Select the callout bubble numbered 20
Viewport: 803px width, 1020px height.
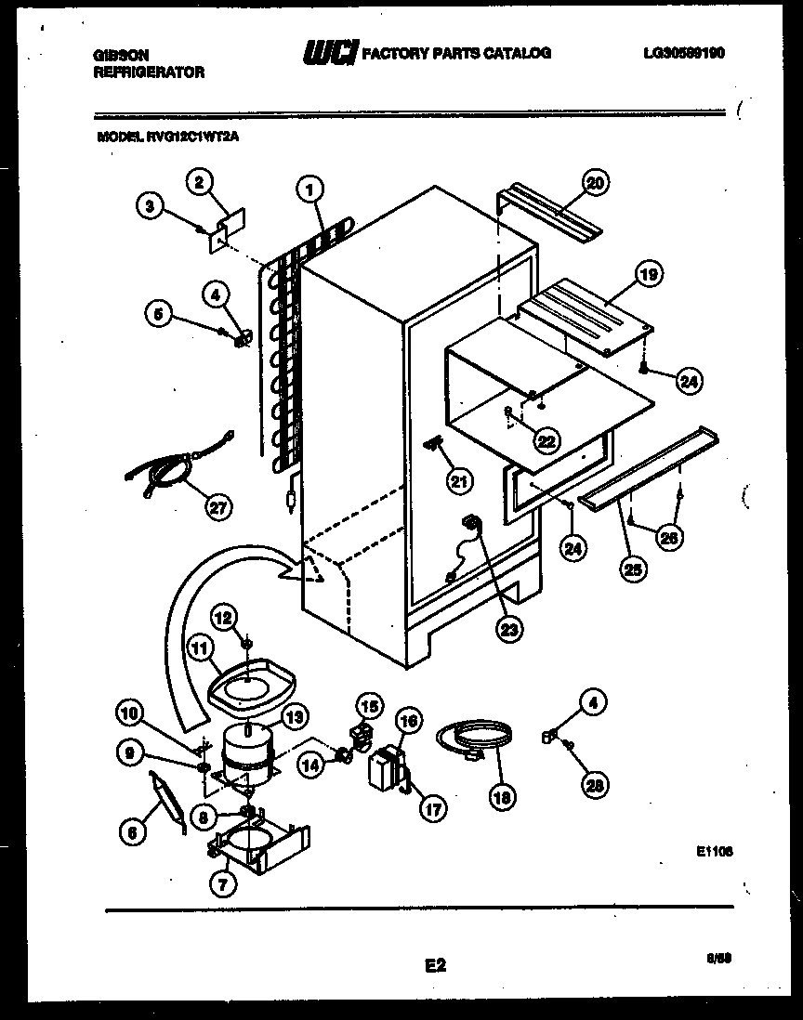(595, 183)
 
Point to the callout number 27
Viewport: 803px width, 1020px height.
(219, 506)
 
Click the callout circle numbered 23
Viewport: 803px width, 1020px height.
(509, 628)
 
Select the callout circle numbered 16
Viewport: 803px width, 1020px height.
(406, 720)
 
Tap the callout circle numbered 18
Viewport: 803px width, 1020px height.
(503, 797)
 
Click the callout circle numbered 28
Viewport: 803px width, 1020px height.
(593, 785)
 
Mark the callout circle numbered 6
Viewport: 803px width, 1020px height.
(133, 834)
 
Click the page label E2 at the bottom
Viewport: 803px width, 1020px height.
(435, 966)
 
